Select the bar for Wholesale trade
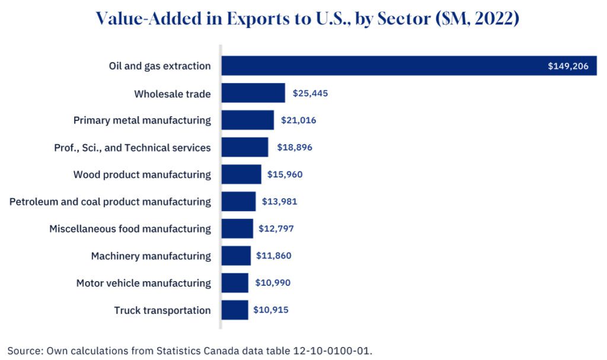click(253, 93)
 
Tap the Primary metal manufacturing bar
click(248, 120)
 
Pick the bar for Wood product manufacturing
click(241, 174)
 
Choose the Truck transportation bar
click(235, 310)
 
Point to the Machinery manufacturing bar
click(236, 256)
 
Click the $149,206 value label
click(568, 66)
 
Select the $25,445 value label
click(310, 93)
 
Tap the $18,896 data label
click(292, 147)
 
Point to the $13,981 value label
click(279, 202)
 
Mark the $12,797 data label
click(276, 228)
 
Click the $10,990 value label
click(273, 283)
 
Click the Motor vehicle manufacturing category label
click(143, 283)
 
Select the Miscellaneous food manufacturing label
click(130, 228)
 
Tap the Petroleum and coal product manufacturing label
click(110, 202)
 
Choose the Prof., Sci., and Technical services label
click(132, 147)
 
